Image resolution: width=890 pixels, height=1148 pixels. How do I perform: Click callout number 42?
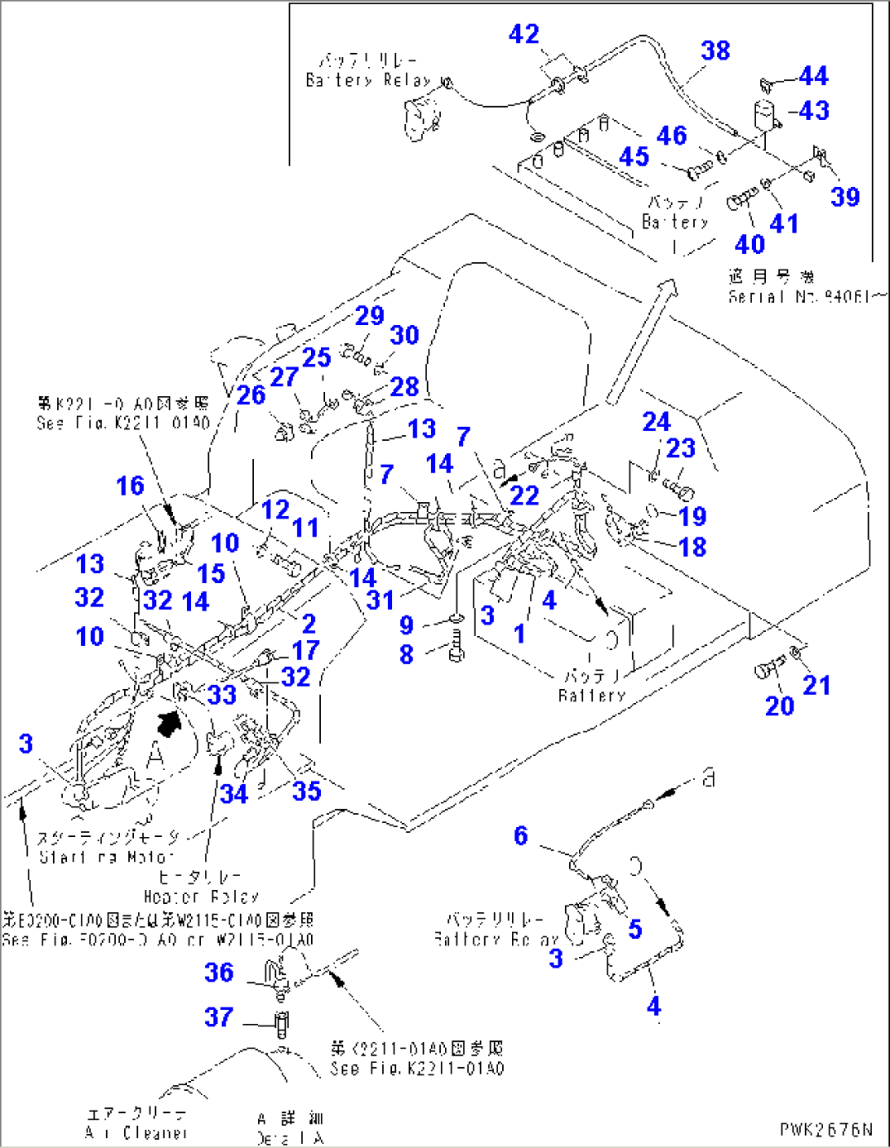click(523, 34)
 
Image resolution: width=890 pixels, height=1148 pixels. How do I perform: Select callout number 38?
click(715, 51)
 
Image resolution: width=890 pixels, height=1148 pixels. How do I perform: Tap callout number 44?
click(813, 76)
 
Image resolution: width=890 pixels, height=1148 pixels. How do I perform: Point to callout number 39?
click(845, 197)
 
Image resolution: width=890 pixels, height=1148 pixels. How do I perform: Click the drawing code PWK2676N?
click(825, 1129)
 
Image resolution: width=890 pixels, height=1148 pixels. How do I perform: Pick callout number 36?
click(219, 972)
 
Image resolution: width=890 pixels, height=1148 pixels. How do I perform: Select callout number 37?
click(219, 1017)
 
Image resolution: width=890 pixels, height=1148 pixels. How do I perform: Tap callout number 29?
click(369, 316)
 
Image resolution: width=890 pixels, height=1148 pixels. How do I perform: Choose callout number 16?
click(130, 486)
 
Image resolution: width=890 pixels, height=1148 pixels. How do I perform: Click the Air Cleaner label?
click(136, 1124)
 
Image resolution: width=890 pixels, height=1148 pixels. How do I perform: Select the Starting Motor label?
click(108, 848)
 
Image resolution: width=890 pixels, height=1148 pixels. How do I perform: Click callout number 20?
click(779, 705)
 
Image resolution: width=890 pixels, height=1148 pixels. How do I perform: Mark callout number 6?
click(521, 835)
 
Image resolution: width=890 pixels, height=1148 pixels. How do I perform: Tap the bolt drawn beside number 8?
click(456, 647)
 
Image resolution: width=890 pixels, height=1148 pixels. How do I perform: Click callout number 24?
click(656, 422)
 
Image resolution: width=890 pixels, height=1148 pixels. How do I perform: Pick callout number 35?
click(306, 791)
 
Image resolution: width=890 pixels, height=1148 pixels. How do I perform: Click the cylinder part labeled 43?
click(765, 116)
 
